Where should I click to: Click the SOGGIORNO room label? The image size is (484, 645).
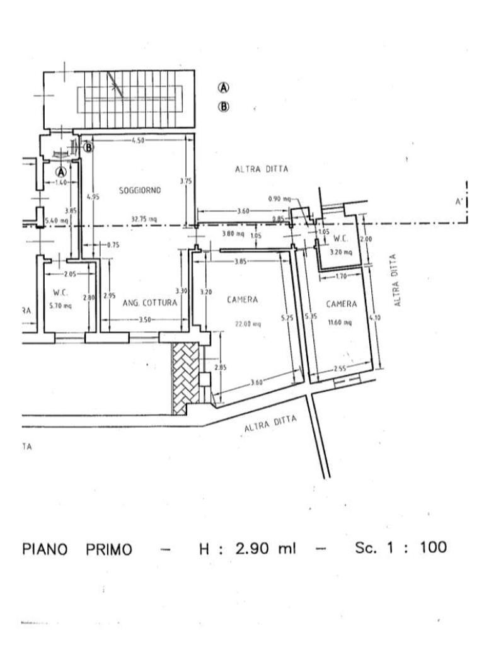click(140, 190)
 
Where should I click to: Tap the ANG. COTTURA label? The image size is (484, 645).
click(150, 303)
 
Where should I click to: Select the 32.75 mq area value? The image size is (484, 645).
click(144, 219)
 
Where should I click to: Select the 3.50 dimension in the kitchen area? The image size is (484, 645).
click(144, 321)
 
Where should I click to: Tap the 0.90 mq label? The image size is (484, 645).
click(279, 199)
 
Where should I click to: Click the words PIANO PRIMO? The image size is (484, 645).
click(78, 549)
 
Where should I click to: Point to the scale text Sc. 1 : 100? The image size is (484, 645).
click(400, 547)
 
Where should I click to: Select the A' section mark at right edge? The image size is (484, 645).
click(459, 202)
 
